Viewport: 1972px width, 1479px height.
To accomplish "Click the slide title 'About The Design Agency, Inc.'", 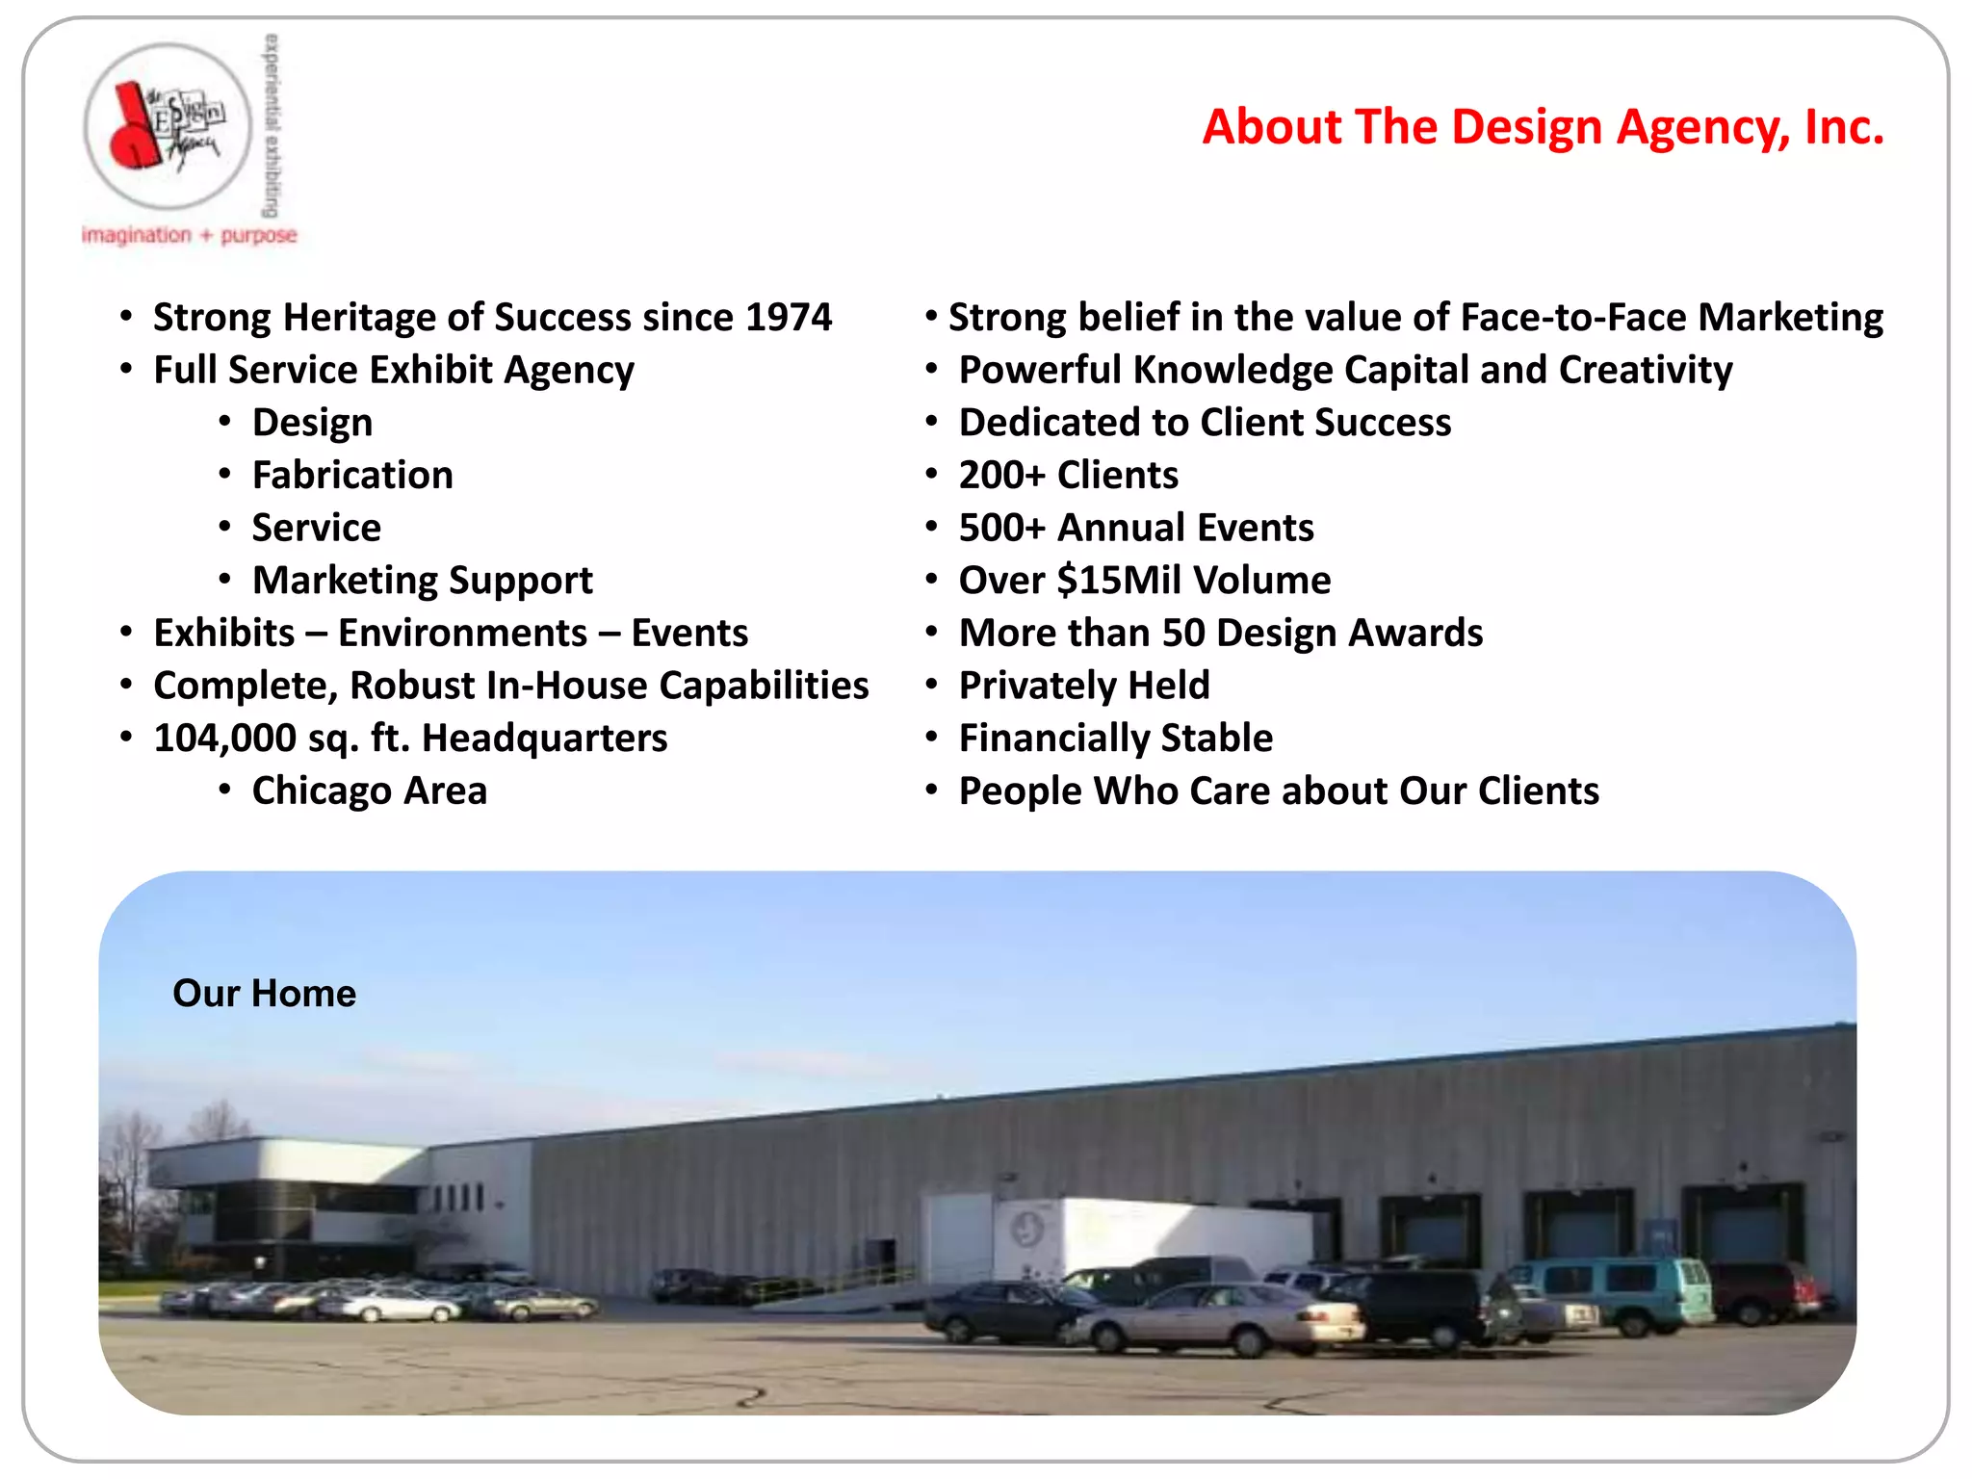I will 1543,127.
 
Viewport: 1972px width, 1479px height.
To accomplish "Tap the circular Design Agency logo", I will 168,126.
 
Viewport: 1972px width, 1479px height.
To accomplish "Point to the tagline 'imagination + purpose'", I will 189,235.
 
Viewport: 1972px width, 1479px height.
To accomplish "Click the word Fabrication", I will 352,476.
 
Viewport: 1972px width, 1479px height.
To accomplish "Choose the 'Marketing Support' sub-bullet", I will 422,581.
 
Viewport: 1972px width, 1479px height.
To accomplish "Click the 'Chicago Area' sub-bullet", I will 369,791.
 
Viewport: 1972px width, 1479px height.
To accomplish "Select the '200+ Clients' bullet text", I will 1068,476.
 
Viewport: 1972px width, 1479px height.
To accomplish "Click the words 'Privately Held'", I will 1083,686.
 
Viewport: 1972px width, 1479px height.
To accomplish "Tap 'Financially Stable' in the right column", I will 1115,739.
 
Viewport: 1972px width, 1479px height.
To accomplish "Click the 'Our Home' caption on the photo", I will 264,994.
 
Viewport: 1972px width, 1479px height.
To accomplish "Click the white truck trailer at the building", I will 1155,1237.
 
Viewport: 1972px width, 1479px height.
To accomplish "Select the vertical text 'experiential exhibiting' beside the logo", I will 272,125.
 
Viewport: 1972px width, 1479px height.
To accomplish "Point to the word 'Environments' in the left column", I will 462,634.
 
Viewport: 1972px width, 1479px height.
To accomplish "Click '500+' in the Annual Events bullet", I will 1001,529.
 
